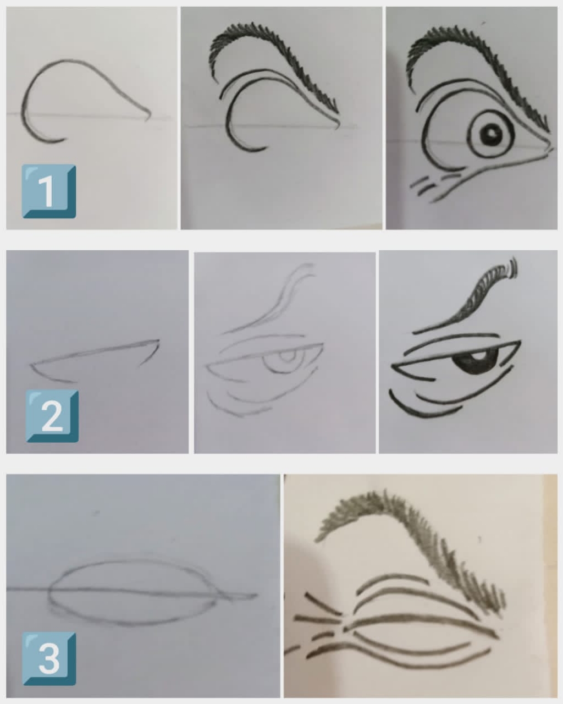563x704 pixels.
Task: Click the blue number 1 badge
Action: [x=49, y=191]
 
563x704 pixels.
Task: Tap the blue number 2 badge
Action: [x=52, y=416]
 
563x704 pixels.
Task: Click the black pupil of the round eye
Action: [x=491, y=134]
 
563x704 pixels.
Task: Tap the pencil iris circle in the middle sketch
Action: [x=287, y=361]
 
